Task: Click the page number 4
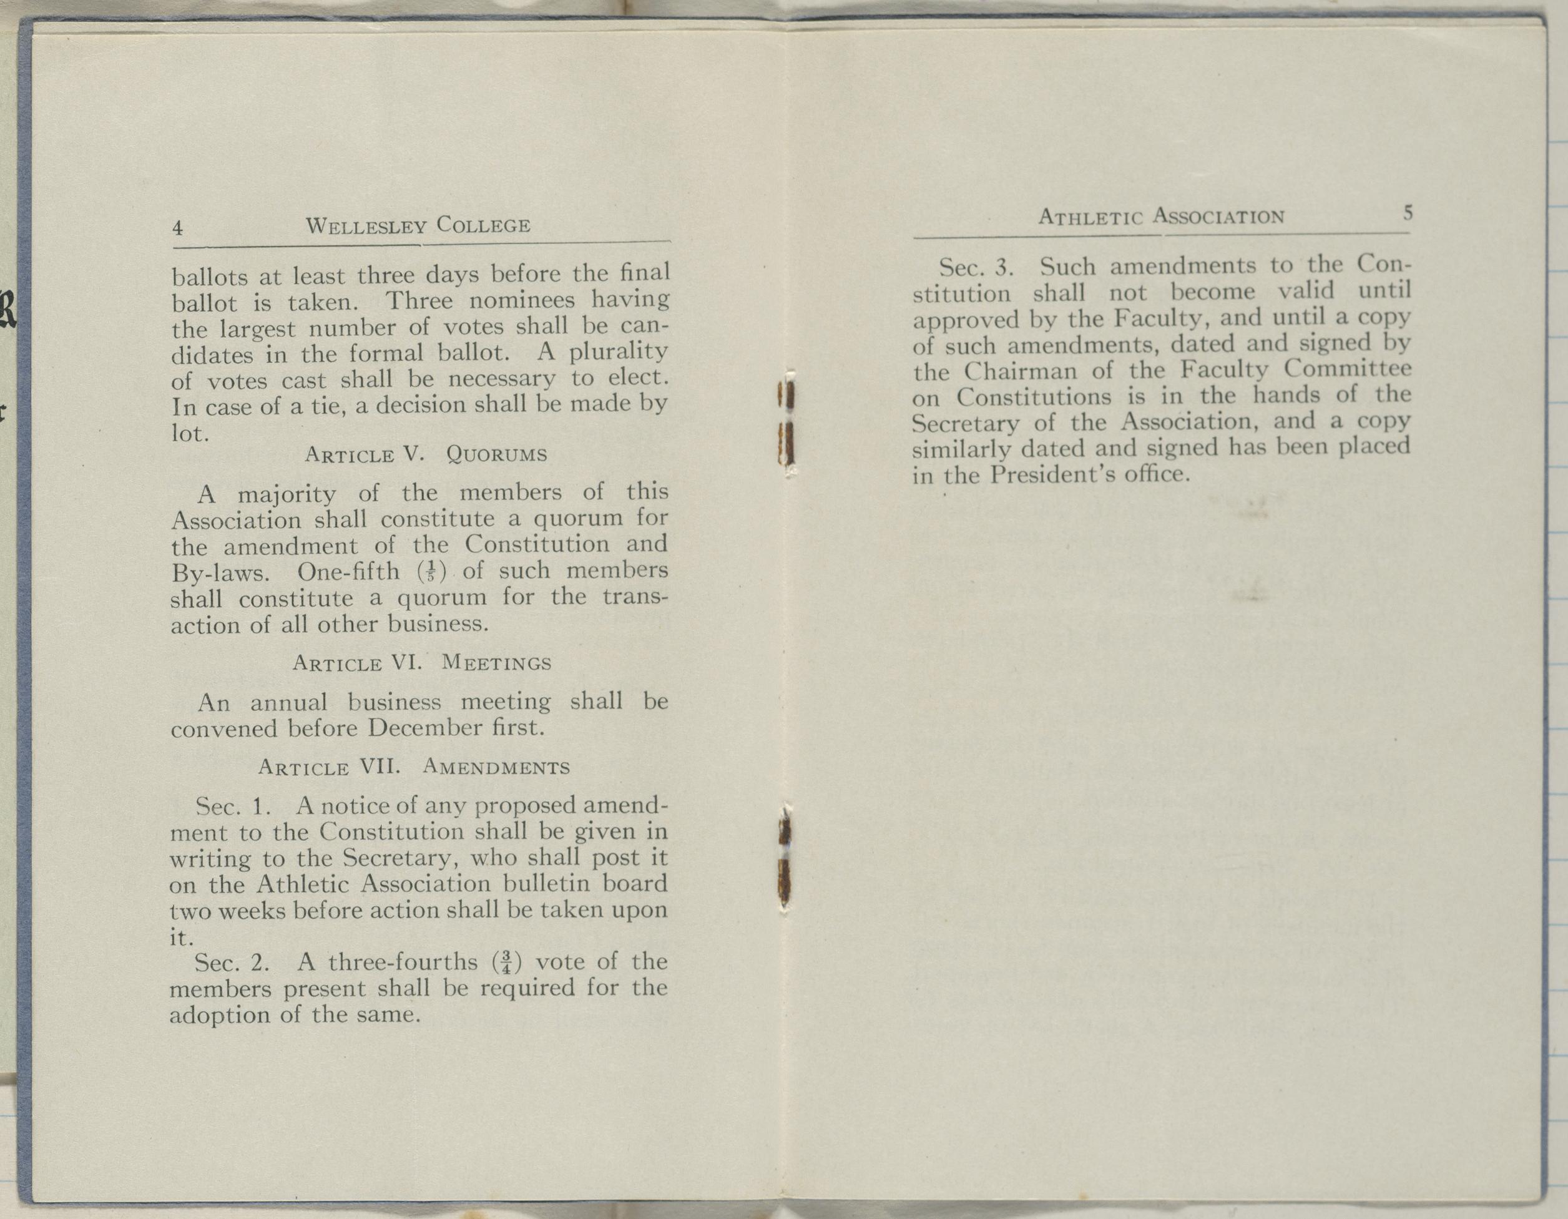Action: click(x=177, y=228)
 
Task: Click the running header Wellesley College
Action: click(x=419, y=225)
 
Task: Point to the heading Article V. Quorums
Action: click(x=426, y=454)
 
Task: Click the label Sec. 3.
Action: click(x=976, y=268)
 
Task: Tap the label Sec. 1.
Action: click(x=233, y=806)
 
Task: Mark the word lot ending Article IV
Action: click(x=188, y=434)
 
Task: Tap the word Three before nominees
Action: click(x=416, y=300)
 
